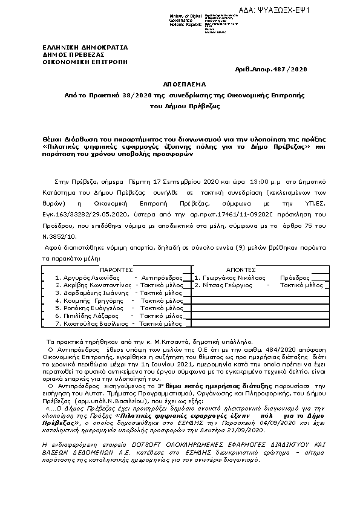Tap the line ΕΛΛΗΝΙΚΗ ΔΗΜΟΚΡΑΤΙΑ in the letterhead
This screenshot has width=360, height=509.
pos(77,46)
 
